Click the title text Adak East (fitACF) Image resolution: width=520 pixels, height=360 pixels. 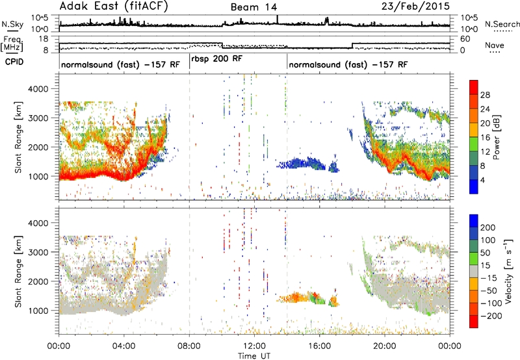click(x=114, y=6)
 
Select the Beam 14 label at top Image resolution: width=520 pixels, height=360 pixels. click(x=253, y=7)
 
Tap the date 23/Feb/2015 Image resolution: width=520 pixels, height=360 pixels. click(x=415, y=6)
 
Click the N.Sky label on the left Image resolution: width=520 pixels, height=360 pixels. click(x=12, y=24)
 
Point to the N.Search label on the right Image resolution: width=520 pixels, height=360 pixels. click(x=502, y=24)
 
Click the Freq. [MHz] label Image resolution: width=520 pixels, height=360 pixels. click(x=12, y=44)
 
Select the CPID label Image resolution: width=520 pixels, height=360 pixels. click(x=14, y=62)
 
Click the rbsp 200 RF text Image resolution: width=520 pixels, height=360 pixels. click(x=217, y=58)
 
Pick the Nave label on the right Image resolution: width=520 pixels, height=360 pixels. click(x=494, y=45)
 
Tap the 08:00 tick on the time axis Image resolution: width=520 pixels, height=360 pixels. click(x=189, y=346)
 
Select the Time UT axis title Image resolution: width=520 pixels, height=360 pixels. click(x=254, y=356)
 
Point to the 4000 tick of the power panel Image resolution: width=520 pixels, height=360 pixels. click(x=38, y=89)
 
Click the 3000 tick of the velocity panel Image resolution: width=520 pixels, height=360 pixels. click(x=38, y=252)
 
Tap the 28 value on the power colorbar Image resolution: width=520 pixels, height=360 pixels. click(x=485, y=95)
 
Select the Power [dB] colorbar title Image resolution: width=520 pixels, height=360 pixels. click(x=497, y=137)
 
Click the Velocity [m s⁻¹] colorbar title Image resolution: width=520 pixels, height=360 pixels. click(x=508, y=271)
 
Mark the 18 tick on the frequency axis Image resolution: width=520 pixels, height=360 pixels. click(x=43, y=39)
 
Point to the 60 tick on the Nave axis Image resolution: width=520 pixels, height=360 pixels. click(x=465, y=39)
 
